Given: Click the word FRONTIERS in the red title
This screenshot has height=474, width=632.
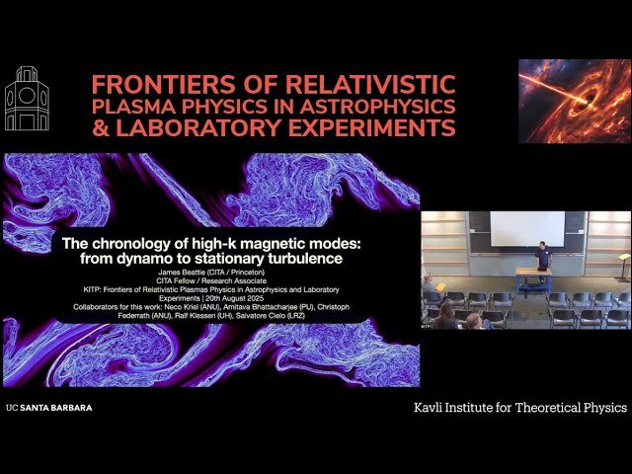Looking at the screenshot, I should coord(150,85).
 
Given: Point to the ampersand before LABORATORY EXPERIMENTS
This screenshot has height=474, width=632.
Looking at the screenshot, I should coord(102,128).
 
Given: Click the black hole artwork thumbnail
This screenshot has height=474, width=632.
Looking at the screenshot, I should coord(574,101).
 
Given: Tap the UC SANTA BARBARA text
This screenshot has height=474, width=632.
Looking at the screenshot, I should coord(48,407).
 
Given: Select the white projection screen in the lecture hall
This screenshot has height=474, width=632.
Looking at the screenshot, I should coord(527,229).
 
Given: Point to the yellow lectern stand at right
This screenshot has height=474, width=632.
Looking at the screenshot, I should coord(622,264).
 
